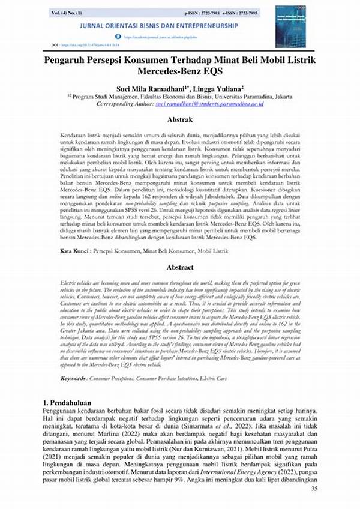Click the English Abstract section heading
tap(180, 267)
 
